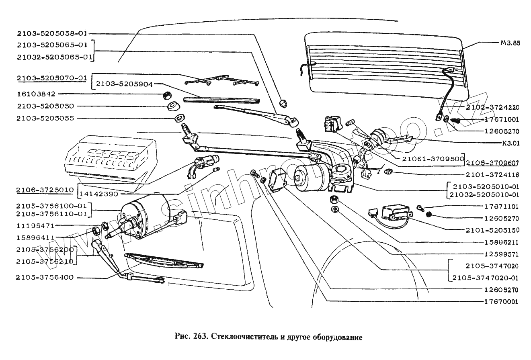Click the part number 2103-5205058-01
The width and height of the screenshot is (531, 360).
(52, 33)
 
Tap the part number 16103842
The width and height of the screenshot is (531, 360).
(36, 94)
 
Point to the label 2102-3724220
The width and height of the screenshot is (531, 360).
(493, 107)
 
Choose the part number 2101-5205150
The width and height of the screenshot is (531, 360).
(493, 230)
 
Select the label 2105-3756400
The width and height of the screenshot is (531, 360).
(45, 277)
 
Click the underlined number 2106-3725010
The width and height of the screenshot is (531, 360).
(45, 190)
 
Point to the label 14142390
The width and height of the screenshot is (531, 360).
(98, 194)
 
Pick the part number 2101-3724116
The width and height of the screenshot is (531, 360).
(493, 175)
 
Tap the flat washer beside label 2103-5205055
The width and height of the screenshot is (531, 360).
(179, 119)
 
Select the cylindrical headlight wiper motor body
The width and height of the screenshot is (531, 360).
(145, 217)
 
